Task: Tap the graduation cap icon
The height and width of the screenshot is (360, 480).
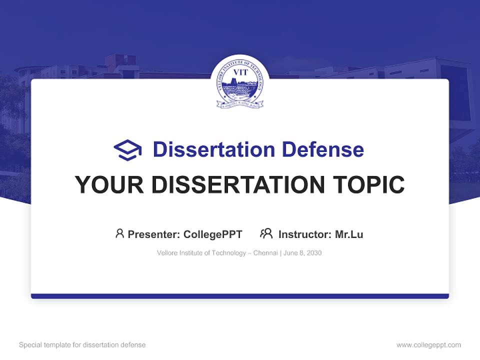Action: (127, 150)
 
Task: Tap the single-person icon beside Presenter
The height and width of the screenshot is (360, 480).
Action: (119, 233)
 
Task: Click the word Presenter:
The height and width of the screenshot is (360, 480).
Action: (154, 234)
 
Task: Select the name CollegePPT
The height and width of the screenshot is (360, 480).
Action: (213, 234)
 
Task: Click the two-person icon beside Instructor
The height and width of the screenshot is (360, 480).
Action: (266, 233)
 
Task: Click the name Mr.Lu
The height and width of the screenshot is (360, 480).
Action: (349, 234)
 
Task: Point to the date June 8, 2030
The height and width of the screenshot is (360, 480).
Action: (302, 253)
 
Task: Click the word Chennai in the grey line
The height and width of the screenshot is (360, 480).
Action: (265, 253)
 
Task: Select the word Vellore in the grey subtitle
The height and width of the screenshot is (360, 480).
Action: (166, 253)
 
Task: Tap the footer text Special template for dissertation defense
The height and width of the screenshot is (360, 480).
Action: (82, 345)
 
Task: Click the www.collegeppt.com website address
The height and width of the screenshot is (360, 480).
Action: (428, 345)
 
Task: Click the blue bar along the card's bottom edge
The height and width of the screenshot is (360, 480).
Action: (240, 296)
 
